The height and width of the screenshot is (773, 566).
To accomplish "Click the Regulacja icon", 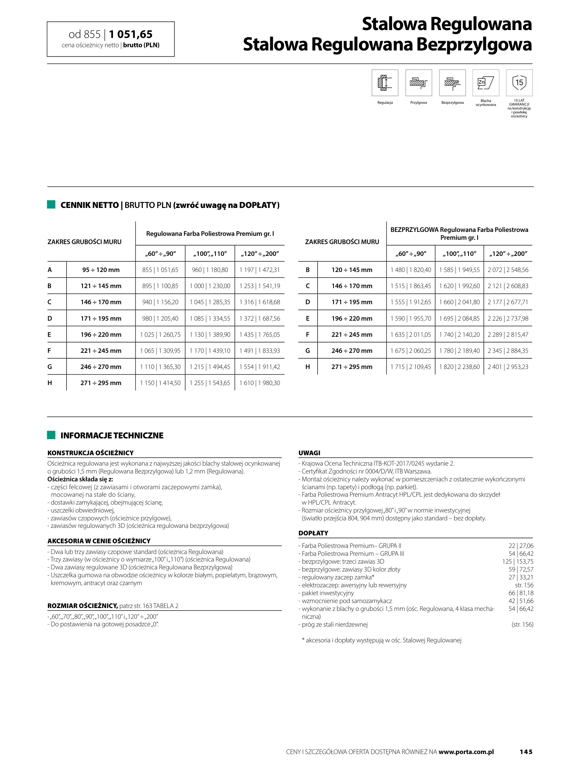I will point(385,83).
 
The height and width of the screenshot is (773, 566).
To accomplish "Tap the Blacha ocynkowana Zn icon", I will point(486,83).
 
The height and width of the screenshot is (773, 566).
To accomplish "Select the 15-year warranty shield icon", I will point(519,83).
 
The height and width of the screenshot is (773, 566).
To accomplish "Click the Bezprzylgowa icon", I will point(452,83).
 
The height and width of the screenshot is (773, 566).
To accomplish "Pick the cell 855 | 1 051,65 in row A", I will point(160,270).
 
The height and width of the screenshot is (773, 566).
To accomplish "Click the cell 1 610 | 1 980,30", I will point(260,383).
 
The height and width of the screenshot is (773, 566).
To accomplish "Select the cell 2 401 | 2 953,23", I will point(508,367).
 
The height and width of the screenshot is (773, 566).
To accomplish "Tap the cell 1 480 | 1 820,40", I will point(410,270).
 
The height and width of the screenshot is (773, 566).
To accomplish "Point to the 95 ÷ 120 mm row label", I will point(101,270).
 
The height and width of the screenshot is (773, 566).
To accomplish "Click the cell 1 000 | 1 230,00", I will point(210,286).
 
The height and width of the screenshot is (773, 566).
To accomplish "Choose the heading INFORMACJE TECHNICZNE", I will point(112,436).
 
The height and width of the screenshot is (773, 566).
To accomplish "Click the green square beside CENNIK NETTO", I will point(51,205).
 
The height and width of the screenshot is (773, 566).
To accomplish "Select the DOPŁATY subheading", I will point(313,533).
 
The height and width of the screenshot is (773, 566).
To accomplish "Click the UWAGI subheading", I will point(309,453).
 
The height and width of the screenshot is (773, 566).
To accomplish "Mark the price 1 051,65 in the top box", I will point(131,34).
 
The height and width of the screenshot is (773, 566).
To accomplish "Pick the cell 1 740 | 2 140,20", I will point(459,335).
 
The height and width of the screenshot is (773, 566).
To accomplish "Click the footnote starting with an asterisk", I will point(382,640).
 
